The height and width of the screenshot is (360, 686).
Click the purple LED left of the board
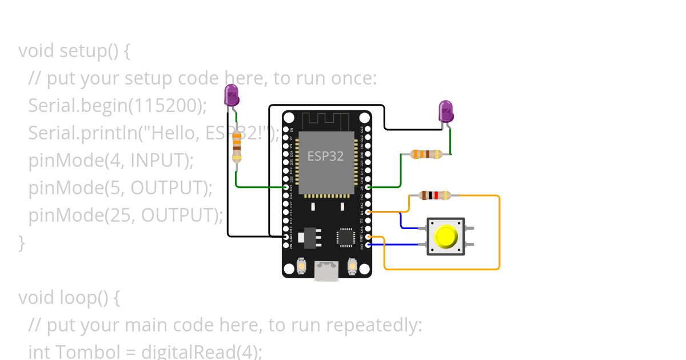coord(232,95)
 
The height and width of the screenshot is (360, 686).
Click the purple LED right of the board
coord(446,111)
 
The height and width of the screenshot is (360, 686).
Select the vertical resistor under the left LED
coord(237,146)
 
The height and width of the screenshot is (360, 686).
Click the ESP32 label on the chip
coord(325,155)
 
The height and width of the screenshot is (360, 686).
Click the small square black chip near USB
coord(346,237)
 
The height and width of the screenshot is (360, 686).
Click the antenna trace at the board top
coord(326,121)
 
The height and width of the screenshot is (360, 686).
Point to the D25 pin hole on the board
coord(286,187)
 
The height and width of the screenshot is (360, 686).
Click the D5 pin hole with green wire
coord(368,187)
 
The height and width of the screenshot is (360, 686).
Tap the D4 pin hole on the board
coord(368,212)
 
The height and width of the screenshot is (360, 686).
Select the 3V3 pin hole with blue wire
coord(368,245)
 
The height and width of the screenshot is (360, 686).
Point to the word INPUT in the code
coord(159,161)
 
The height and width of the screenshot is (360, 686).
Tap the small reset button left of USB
coord(302,266)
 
